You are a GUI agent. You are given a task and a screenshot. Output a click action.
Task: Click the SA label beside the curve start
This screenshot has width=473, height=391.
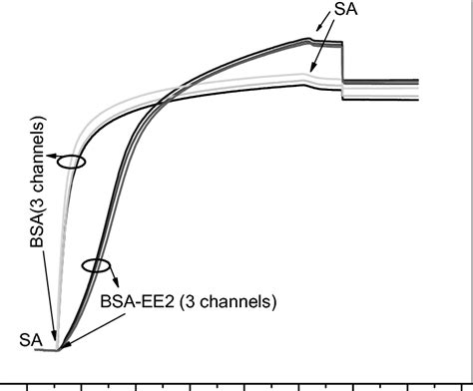29,340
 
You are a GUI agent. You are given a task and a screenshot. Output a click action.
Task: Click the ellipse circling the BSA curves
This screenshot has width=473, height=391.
71,162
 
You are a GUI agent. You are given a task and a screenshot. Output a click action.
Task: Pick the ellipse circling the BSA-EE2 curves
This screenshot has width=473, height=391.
97,265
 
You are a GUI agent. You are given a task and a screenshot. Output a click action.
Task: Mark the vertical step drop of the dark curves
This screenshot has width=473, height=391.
342,63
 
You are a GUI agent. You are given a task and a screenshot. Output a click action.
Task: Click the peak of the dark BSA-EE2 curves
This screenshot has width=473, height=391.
310,40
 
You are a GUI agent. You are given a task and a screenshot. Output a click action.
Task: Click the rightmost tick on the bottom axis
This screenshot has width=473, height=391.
462,384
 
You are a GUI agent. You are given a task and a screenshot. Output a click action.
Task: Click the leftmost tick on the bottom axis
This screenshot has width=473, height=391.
27,384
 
